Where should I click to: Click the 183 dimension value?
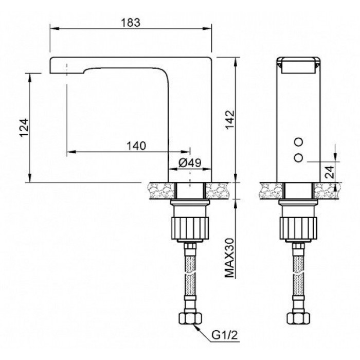131,23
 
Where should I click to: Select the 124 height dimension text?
24,128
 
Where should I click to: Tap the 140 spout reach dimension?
136,146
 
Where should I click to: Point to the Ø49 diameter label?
190,163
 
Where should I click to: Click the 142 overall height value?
230,120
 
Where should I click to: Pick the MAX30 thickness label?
229,258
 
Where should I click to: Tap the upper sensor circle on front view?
298,142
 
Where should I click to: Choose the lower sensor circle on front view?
298,158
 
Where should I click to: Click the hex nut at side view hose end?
190,318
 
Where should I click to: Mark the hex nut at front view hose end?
298,318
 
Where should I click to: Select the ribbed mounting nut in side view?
190,228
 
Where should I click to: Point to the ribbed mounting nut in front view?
298,228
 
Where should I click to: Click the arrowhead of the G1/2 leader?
195,326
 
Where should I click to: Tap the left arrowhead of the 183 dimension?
55,28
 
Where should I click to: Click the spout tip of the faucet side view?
50,66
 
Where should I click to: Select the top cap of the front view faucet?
298,65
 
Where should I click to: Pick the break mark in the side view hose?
190,273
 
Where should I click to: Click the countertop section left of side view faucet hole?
161,191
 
